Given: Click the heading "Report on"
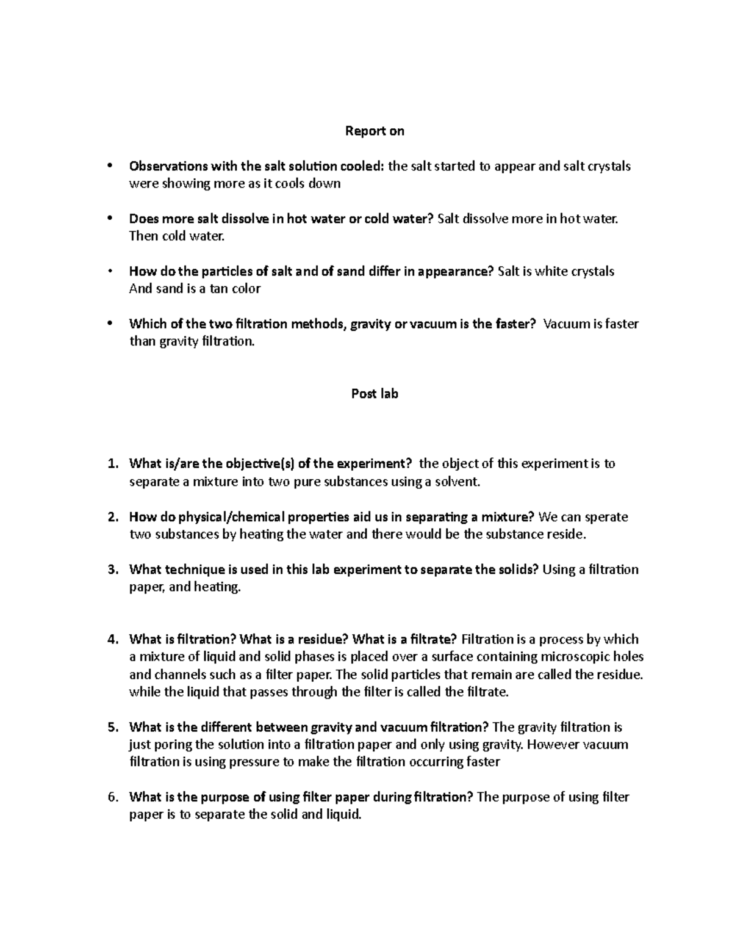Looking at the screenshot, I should tap(375, 131).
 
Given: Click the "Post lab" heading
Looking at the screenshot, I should tap(375, 394).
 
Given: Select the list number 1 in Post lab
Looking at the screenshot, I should tap(112, 464).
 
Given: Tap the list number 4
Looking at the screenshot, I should tap(112, 640).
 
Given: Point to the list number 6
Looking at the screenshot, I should tap(112, 797).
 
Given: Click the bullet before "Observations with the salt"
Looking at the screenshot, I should tap(110, 166).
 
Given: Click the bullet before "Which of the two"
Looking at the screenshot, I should tap(110, 324).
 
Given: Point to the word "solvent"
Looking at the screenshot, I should tap(457, 482).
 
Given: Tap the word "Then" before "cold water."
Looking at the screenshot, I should tap(143, 236).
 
